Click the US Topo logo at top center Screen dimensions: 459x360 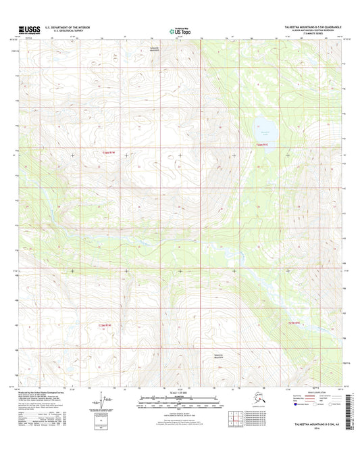tap(180, 30)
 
